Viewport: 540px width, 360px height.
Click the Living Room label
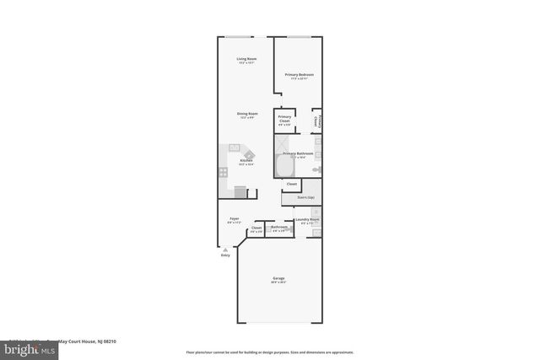pyautogui.click(x=246, y=59)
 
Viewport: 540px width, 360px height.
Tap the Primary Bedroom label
pyautogui.click(x=299, y=75)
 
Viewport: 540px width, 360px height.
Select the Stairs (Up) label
pyautogui.click(x=305, y=197)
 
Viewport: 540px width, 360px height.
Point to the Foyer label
pyautogui.click(x=234, y=219)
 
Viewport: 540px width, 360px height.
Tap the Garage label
pyautogui.click(x=278, y=279)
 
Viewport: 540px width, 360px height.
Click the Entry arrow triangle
pyautogui.click(x=225, y=250)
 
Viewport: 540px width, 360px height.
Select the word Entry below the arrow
pyautogui.click(x=225, y=255)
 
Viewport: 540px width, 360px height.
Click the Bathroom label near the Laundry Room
pyautogui.click(x=279, y=227)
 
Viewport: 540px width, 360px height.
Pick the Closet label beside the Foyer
pyautogui.click(x=256, y=228)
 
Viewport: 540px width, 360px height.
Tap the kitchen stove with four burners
pyautogui.click(x=224, y=172)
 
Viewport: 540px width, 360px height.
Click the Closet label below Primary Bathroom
pyautogui.click(x=291, y=184)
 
